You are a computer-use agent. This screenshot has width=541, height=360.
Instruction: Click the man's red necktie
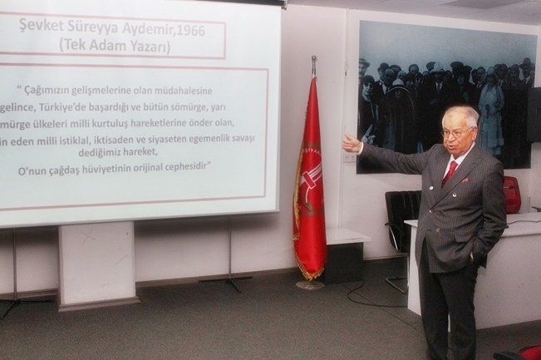click(x=450, y=172)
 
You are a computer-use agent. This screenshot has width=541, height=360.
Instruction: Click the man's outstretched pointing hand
click(x=351, y=144)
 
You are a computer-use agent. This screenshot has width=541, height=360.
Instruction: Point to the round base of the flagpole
click(x=310, y=284)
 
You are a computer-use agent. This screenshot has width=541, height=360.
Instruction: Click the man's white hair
click(x=465, y=114)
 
